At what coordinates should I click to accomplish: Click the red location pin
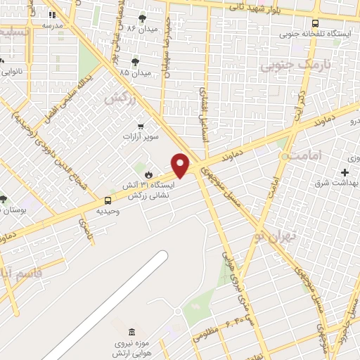(181, 165)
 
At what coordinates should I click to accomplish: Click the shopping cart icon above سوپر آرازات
(141, 127)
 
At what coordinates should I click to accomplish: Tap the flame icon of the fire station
(148, 174)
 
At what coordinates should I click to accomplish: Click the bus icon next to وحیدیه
(108, 200)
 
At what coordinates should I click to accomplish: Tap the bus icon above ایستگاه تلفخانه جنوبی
(315, 22)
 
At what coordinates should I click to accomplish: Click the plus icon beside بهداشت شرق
(345, 172)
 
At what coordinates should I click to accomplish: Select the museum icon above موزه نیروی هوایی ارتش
(132, 332)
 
